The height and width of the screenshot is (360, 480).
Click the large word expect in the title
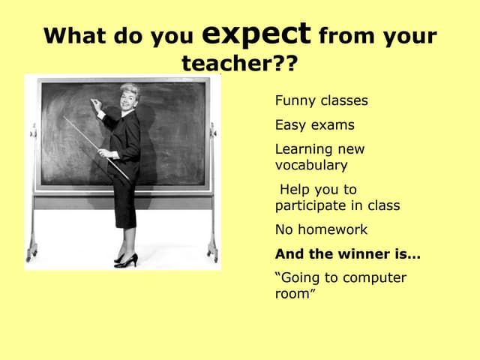[256, 34]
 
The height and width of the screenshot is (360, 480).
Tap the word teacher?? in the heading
[239, 64]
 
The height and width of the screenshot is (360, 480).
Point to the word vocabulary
[311, 165]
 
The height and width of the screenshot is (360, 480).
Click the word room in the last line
[292, 294]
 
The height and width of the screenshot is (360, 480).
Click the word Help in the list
[296, 189]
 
